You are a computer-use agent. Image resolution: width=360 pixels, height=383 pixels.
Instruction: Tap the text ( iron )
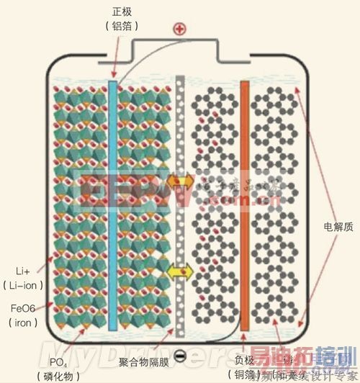pyautogui.click(x=22, y=323)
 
